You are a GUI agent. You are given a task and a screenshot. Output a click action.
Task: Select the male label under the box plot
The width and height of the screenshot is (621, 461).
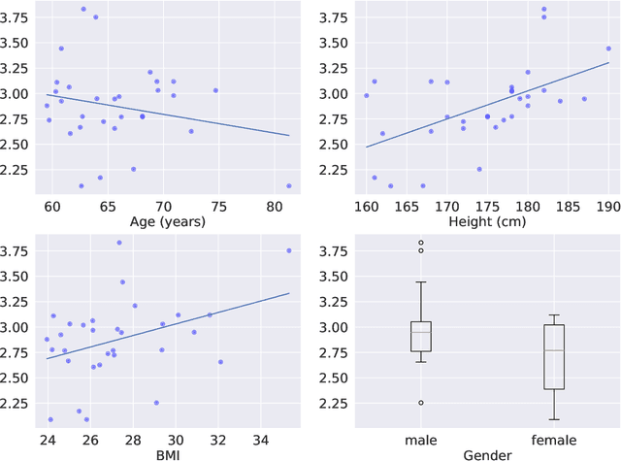(421, 439)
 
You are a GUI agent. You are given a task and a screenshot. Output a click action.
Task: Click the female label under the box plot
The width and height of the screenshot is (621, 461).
(553, 439)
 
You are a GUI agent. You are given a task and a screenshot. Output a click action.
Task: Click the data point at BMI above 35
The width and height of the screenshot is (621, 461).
(289, 250)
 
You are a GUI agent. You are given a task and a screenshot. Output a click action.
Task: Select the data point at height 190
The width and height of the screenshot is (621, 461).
(608, 49)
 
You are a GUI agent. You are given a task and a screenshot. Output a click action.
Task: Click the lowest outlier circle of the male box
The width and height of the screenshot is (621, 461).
(421, 402)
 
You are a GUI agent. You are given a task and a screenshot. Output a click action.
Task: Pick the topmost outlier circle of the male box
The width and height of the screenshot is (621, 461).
(421, 243)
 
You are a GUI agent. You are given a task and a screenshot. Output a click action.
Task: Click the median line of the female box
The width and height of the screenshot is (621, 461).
(553, 350)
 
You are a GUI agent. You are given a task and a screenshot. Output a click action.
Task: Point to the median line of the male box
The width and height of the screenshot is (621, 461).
(421, 332)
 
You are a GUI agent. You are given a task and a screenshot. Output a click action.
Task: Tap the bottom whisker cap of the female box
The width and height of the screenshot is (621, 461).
(553, 419)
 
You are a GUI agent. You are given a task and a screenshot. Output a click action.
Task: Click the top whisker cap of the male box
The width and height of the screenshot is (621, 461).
(421, 282)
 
